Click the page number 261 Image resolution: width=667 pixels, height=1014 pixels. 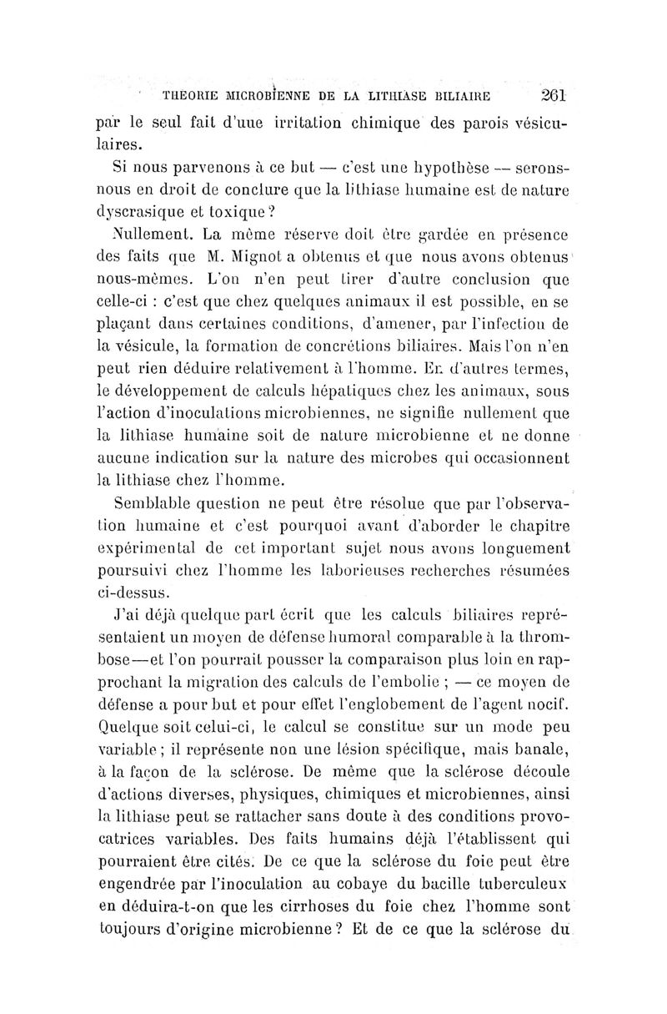tap(553, 93)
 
